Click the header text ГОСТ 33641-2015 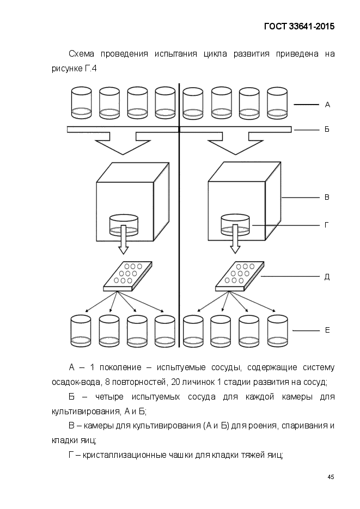pyautogui.click(x=299, y=26)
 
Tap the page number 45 pyautogui.click(x=331, y=477)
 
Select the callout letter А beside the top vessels pyautogui.click(x=327, y=105)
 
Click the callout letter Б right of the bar pyautogui.click(x=327, y=129)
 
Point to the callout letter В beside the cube pyautogui.click(x=327, y=197)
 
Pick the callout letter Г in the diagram pyautogui.click(x=327, y=225)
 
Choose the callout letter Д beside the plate pyautogui.click(x=327, y=277)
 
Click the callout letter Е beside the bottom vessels pyautogui.click(x=327, y=330)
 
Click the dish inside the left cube pyautogui.click(x=124, y=225)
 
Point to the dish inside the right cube pyautogui.click(x=236, y=225)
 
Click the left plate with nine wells pyautogui.click(x=127, y=276)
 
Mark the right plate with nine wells pyautogui.click(x=240, y=276)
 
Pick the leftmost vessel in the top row pyautogui.click(x=81, y=102)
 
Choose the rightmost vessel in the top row pyautogui.click(x=277, y=102)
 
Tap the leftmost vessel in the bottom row pyautogui.click(x=81, y=331)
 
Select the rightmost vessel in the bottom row pyautogui.click(x=278, y=331)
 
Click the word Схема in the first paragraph pyautogui.click(x=82, y=54)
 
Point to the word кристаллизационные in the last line pyautogui.click(x=125, y=455)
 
